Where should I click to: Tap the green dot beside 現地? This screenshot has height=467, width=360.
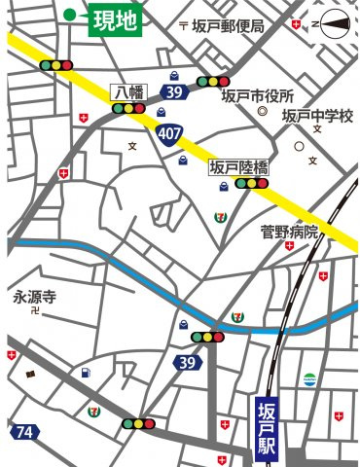point(70,15)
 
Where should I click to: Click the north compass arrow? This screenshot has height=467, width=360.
point(332,21)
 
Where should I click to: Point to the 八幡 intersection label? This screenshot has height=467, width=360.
point(129,92)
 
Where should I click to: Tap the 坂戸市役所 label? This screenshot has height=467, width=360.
point(257,96)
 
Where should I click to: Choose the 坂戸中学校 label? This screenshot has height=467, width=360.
point(316,117)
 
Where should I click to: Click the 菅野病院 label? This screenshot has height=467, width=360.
point(289,232)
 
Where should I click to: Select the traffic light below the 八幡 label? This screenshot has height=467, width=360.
point(129,109)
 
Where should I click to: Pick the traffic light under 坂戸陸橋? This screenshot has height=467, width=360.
point(252,182)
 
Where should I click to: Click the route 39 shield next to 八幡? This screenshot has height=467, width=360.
point(173,92)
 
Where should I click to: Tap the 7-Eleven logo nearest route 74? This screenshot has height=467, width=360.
point(94,412)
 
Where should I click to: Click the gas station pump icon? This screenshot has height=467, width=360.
point(87,372)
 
